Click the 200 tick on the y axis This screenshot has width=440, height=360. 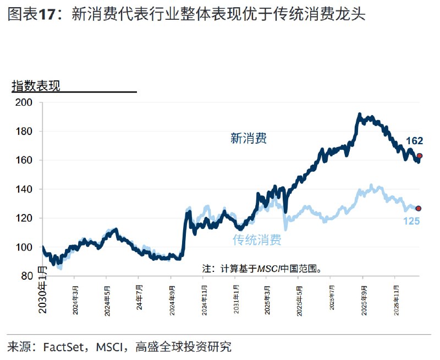pyautogui.click(x=25, y=102)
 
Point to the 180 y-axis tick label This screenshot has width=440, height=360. pyautogui.click(x=25, y=132)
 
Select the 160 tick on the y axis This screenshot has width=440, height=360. pyautogui.click(x=25, y=160)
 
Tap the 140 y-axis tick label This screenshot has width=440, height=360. pyautogui.click(x=25, y=189)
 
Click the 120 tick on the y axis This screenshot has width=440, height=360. pyautogui.click(x=25, y=218)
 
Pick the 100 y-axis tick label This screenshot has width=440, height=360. pyautogui.click(x=25, y=247)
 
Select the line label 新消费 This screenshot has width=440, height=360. pyautogui.click(x=249, y=138)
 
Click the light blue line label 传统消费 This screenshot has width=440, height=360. pyautogui.click(x=257, y=240)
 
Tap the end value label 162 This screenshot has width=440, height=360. pyautogui.click(x=414, y=141)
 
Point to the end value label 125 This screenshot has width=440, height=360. pyautogui.click(x=411, y=221)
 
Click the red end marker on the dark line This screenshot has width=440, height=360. pyautogui.click(x=420, y=156)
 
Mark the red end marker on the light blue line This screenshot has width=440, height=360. pyautogui.click(x=419, y=209)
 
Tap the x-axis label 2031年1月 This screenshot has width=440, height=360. pyautogui.click(x=236, y=298)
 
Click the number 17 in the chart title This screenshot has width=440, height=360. pyautogui.click(x=52, y=15)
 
